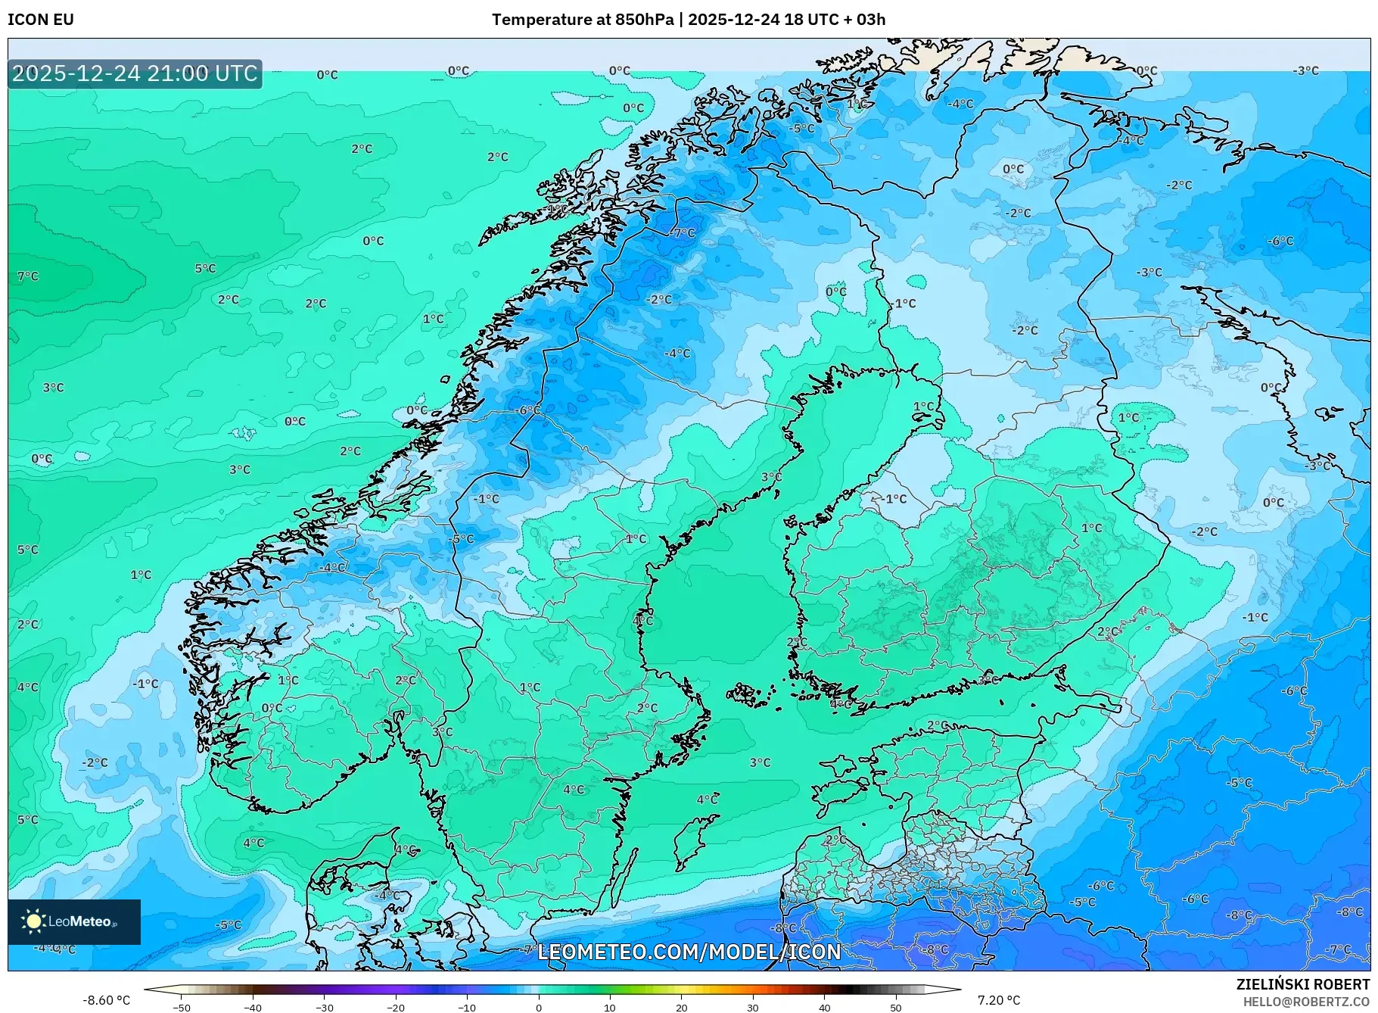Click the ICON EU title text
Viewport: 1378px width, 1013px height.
coord(41,20)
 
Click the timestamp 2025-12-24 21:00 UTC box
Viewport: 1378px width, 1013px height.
coord(135,73)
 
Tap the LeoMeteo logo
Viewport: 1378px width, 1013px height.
coord(73,921)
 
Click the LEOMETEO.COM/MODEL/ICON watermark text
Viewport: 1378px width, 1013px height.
coord(689,952)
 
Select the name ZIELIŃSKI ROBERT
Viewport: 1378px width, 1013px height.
coord(1302,984)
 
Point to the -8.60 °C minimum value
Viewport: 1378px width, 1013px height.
coord(106,1000)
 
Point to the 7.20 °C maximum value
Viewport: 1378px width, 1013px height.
coord(998,1000)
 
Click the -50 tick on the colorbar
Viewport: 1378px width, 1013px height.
coord(182,1008)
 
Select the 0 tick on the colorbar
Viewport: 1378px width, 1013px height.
coord(539,1008)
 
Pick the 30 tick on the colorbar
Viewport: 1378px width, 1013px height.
coord(753,1008)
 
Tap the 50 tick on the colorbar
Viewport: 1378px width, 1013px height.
coord(896,1008)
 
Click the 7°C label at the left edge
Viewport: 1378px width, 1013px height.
coord(28,276)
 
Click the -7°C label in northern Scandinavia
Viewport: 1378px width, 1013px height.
coord(683,232)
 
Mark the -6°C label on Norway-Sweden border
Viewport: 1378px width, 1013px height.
coord(527,410)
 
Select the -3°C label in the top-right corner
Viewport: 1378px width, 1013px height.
coord(1305,70)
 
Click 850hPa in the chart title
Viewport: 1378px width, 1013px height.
coord(643,20)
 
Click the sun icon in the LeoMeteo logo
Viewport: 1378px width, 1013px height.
coord(33,921)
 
